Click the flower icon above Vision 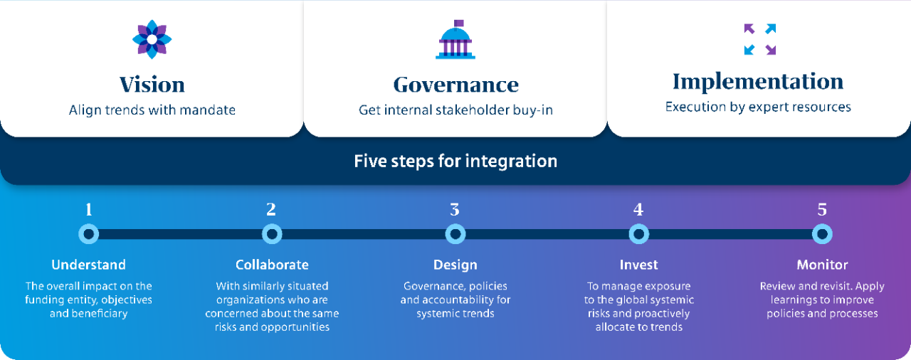(152, 39)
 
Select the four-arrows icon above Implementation (759, 39)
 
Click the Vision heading (152, 85)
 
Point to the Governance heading (456, 85)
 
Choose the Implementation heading (758, 81)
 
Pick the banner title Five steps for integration (455, 162)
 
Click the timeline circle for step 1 (89, 234)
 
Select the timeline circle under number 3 (455, 234)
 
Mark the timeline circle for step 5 (822, 234)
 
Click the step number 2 (271, 210)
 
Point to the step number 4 (638, 210)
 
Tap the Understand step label (89, 265)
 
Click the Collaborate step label (272, 265)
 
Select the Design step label (455, 265)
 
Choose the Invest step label (639, 265)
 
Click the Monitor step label (822, 265)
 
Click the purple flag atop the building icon (458, 23)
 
